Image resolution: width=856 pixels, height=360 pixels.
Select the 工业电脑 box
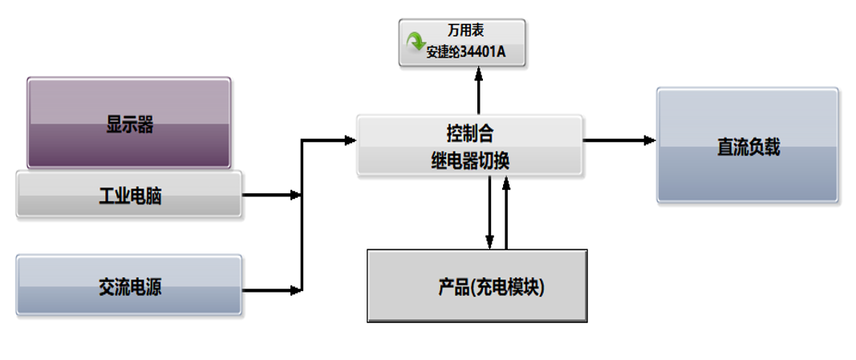[129, 195]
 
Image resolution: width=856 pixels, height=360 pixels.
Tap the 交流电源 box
[129, 285]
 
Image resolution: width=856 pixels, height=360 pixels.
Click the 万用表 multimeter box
[463, 42]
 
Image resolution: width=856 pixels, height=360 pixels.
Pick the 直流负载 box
[748, 145]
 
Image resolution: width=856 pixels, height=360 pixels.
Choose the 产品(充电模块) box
[477, 286]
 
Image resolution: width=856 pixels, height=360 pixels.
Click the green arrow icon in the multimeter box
[416, 42]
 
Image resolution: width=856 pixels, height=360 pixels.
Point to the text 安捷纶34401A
[465, 54]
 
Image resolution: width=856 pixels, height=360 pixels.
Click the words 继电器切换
[470, 161]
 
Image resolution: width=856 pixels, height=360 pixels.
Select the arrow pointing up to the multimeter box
[479, 90]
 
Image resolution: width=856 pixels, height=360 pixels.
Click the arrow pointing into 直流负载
[619, 140]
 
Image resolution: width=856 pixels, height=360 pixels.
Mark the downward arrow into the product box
[490, 212]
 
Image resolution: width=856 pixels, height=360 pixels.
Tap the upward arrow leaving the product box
[506, 212]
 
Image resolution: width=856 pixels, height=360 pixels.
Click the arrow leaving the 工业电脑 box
[271, 195]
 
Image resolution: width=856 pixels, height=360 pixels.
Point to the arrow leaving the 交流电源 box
[271, 289]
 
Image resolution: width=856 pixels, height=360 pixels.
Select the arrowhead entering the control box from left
[350, 140]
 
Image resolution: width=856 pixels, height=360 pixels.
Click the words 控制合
[469, 131]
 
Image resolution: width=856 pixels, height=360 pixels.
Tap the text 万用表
[465, 31]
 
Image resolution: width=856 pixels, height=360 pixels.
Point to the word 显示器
[129, 125]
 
